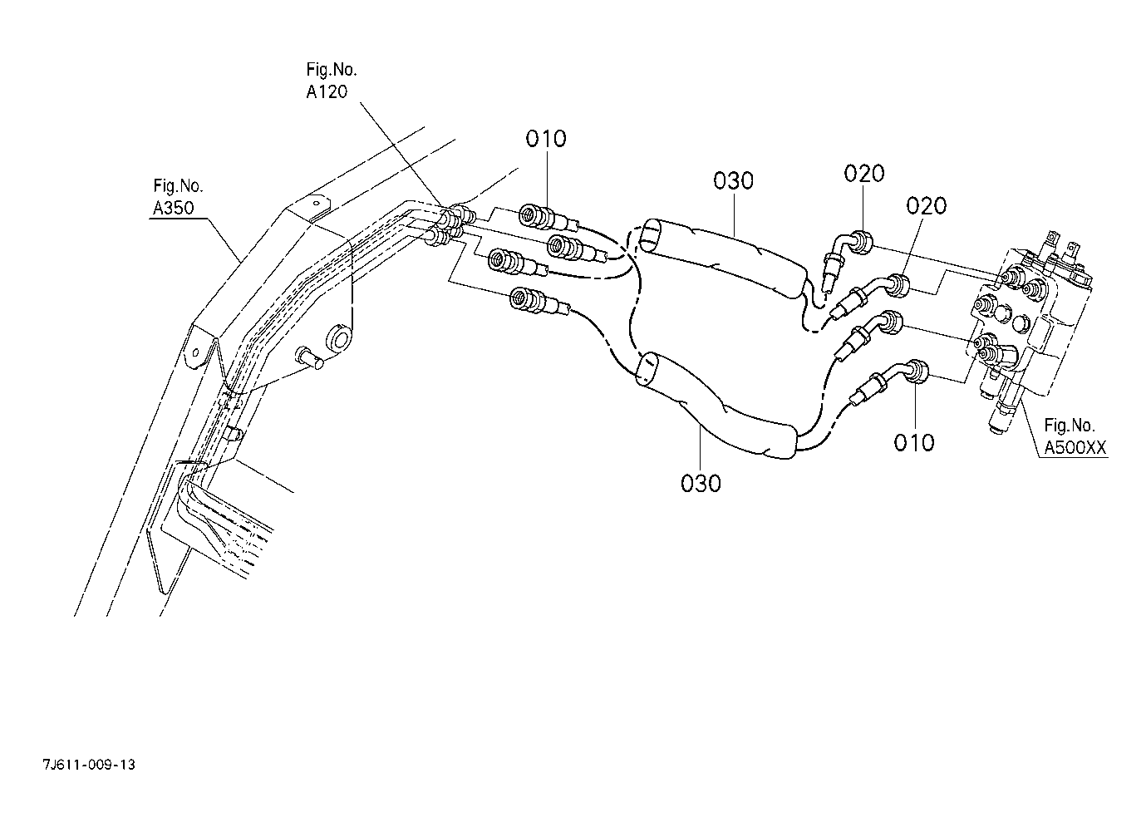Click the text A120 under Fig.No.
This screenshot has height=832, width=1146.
coord(327,91)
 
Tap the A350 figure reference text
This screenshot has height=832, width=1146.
coord(174,208)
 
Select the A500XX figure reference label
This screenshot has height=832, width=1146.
coord(1075,448)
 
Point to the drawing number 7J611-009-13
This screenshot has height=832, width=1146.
coord(89,765)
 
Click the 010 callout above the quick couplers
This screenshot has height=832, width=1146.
coord(546,139)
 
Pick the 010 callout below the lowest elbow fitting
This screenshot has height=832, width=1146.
coord(914,442)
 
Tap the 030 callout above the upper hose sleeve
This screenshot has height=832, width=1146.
coord(733,181)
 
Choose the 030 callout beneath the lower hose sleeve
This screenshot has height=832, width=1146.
coord(701,483)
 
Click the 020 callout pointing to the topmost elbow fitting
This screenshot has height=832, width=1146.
coord(864,174)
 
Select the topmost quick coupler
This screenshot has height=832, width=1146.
coord(548,219)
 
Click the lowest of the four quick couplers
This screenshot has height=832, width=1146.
coord(540,301)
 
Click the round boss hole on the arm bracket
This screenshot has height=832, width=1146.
coord(339,337)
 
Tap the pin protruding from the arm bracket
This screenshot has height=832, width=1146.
coord(310,357)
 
